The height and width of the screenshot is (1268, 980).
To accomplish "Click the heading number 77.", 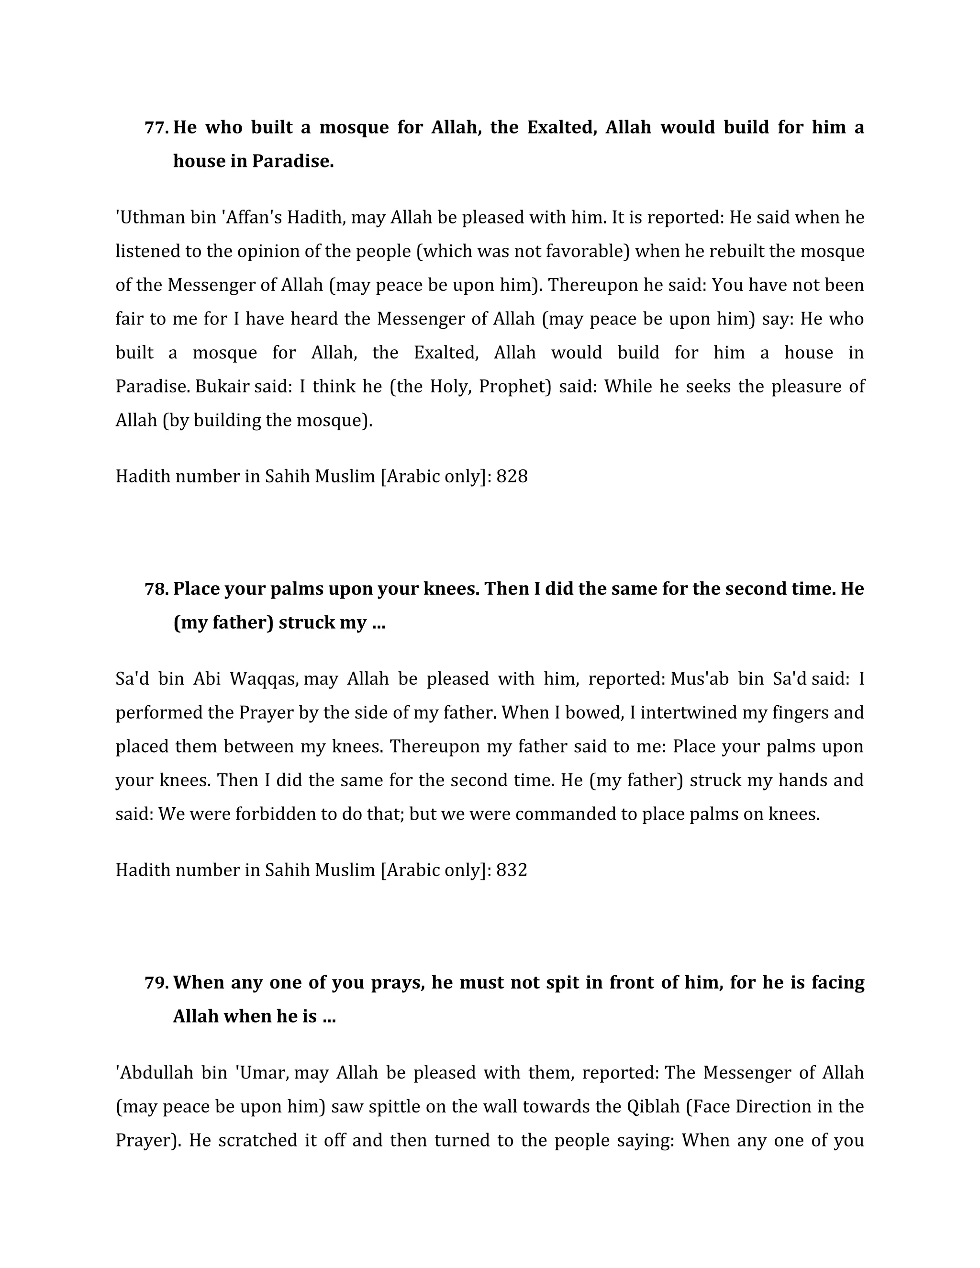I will point(156,127).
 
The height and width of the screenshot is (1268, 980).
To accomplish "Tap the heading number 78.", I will point(156,589).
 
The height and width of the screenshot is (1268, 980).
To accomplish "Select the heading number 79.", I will point(156,982).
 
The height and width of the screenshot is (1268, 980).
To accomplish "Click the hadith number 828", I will point(512,477).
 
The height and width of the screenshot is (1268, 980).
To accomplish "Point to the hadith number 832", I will point(512,870).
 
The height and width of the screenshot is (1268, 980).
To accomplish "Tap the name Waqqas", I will point(264,678).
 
